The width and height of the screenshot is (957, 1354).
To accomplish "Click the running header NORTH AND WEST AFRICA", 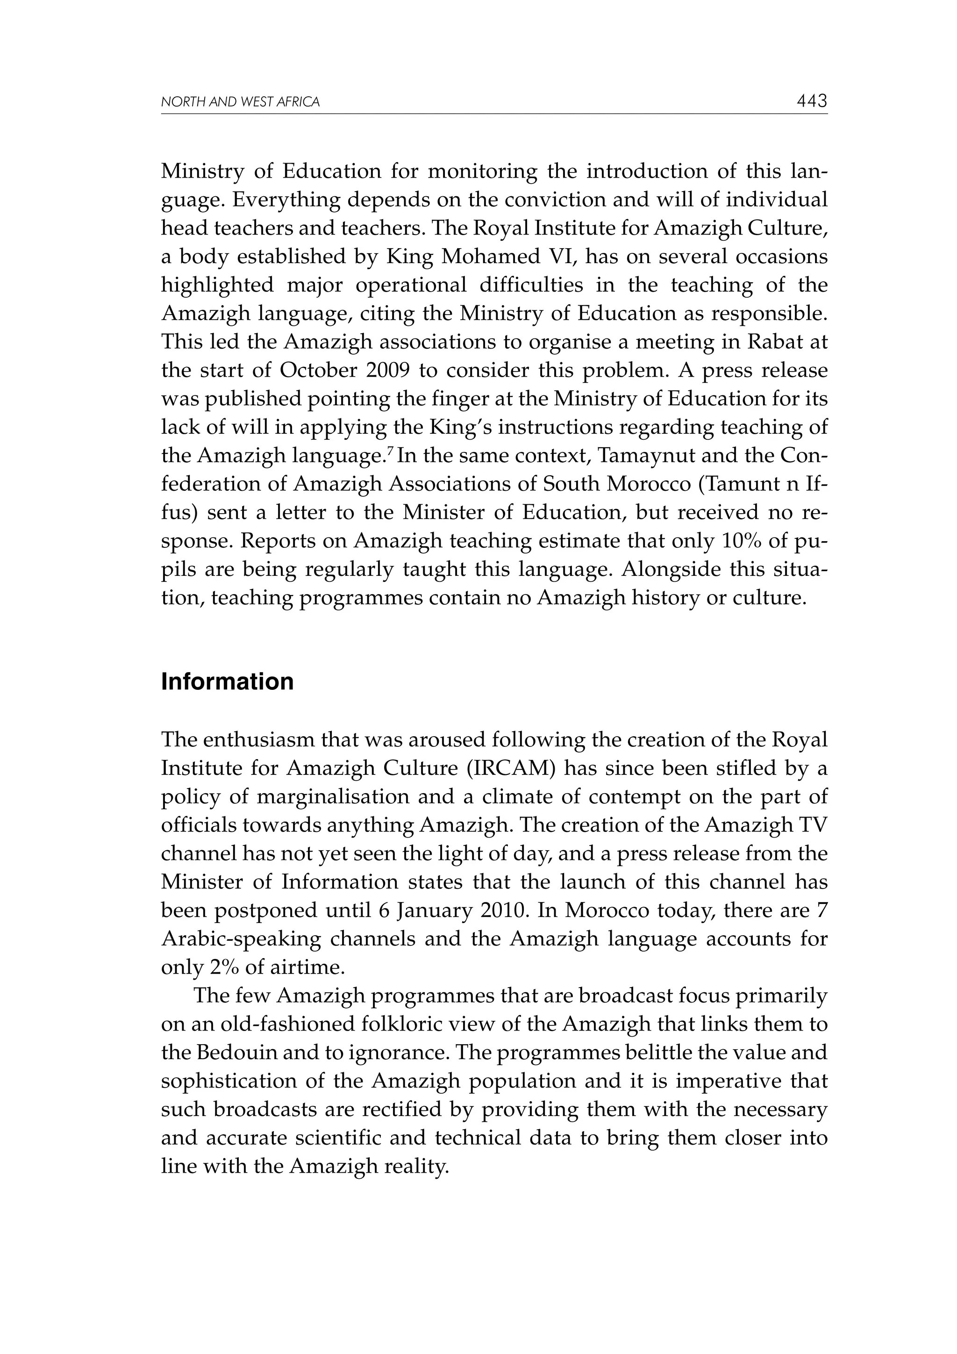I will click(240, 102).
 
